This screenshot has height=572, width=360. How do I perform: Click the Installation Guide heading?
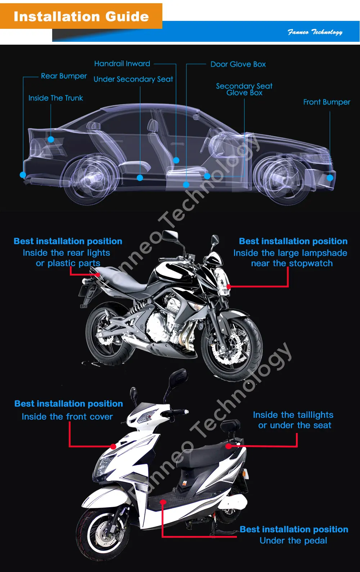click(81, 17)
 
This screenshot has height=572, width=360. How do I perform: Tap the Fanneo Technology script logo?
click(315, 32)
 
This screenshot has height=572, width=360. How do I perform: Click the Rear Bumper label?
click(64, 76)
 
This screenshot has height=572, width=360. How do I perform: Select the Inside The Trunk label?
click(55, 98)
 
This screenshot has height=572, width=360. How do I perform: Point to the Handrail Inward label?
click(122, 64)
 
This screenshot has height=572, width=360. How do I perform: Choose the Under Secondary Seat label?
click(133, 79)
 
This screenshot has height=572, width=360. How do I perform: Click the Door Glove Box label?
click(238, 64)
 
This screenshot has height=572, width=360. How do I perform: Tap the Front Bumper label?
click(327, 102)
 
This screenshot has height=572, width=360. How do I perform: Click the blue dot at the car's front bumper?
click(330, 178)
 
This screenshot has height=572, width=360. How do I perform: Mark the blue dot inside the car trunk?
click(51, 139)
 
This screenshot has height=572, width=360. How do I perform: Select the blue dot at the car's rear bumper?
click(23, 175)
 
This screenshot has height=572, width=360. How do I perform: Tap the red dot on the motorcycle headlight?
click(228, 287)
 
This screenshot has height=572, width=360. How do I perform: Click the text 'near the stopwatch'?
click(292, 263)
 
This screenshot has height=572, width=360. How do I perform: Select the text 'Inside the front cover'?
click(67, 417)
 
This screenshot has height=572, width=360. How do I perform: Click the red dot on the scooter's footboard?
click(163, 502)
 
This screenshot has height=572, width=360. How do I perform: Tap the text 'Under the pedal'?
click(293, 541)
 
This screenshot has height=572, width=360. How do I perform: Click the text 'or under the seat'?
click(294, 425)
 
